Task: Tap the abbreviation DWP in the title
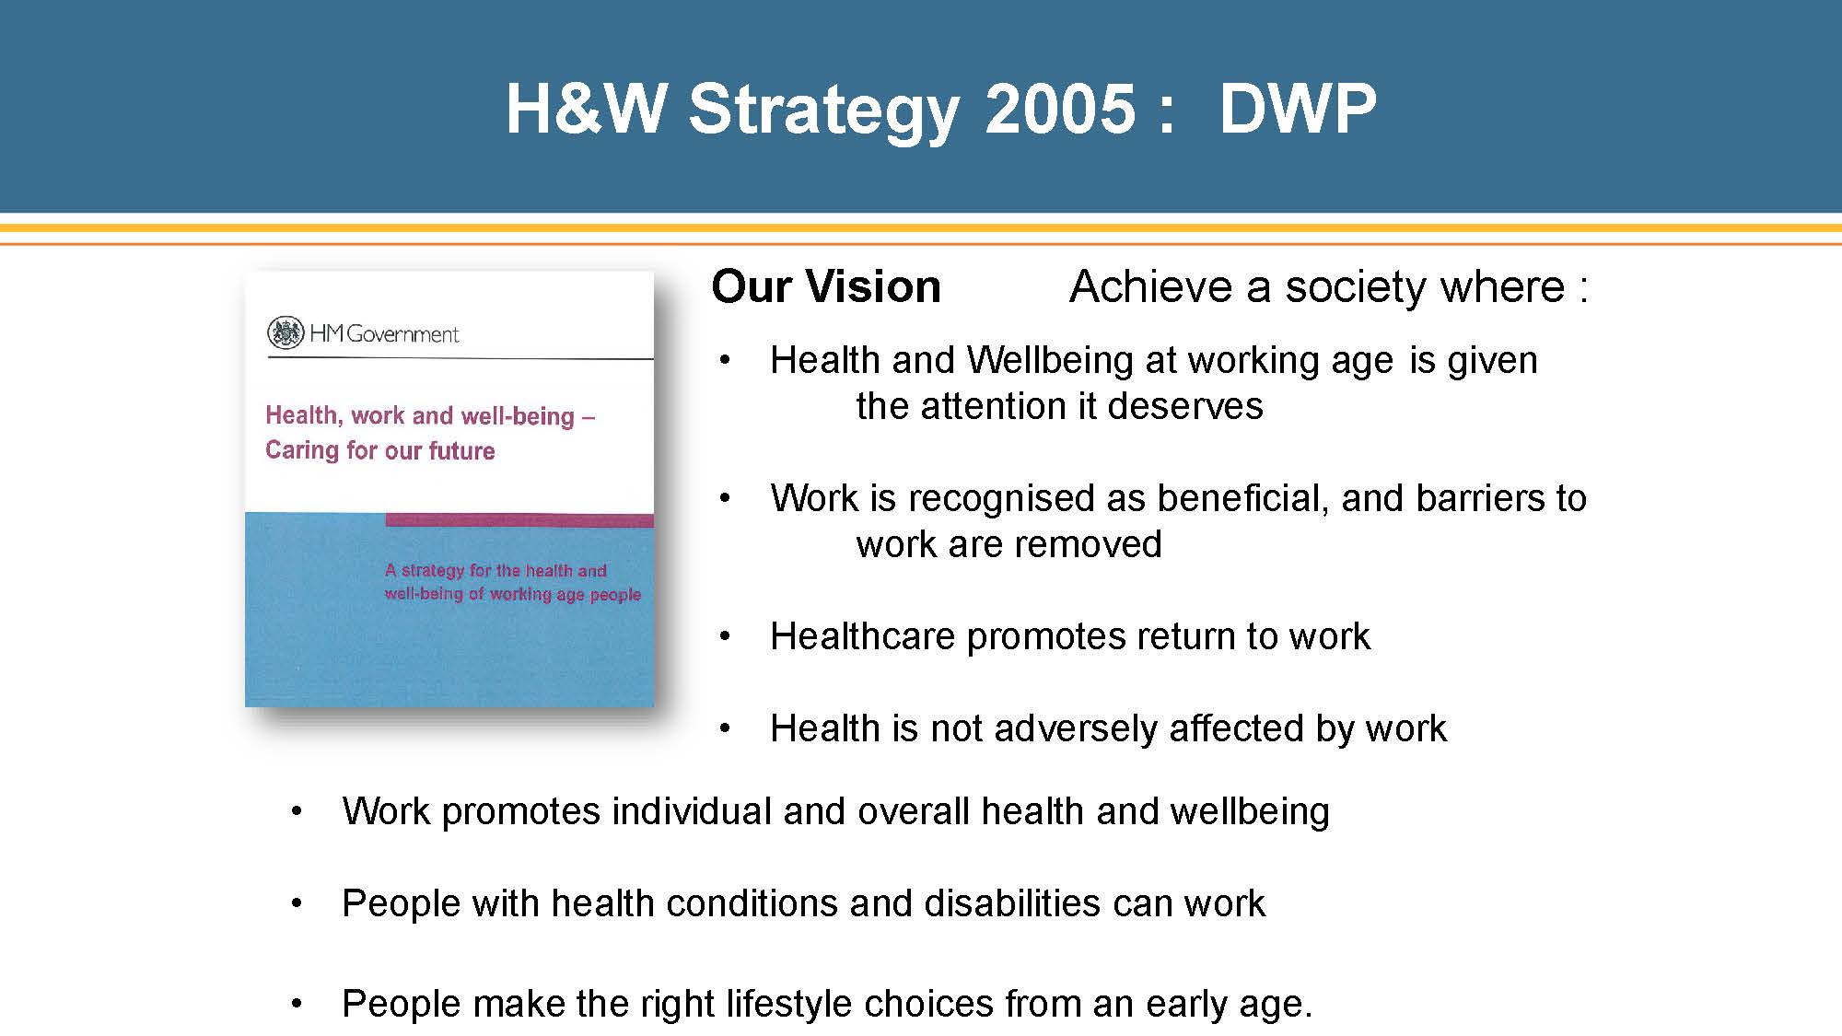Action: [1298, 109]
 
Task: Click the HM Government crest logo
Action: [286, 332]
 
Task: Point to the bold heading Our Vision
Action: [826, 286]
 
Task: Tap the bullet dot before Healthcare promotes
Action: [726, 637]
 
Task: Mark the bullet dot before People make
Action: [297, 1004]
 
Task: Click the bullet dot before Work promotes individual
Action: [297, 812]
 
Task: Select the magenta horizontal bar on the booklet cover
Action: [519, 520]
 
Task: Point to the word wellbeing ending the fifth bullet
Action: [1250, 812]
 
